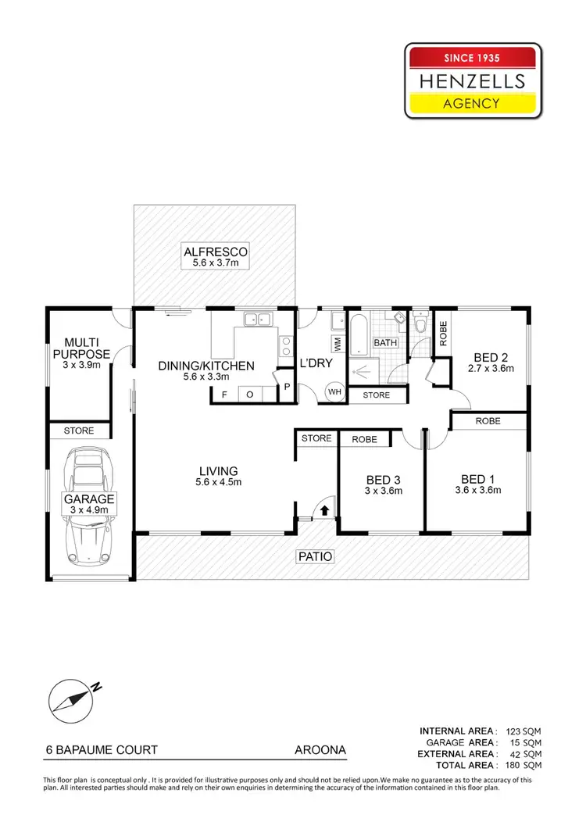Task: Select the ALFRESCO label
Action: (215, 252)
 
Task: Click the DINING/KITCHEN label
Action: (206, 365)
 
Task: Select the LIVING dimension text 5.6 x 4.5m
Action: (218, 482)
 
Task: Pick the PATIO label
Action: (314, 556)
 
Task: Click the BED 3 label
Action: (383, 480)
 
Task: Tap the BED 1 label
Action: (477, 479)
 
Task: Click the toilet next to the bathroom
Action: (420, 324)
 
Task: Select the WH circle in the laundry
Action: (334, 392)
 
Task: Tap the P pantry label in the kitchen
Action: (286, 385)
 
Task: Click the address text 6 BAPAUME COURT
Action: (102, 750)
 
